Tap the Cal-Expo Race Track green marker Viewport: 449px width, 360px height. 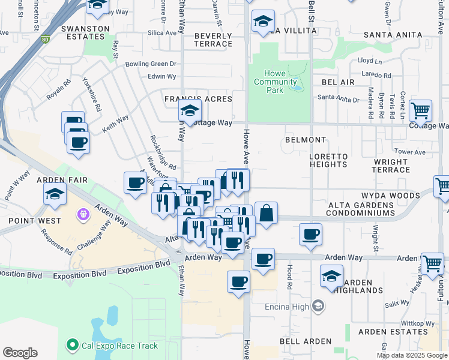tap(73, 345)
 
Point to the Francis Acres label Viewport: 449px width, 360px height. tap(198, 99)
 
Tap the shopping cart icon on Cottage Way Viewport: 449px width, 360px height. tap(421, 110)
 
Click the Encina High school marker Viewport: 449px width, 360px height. tap(318, 307)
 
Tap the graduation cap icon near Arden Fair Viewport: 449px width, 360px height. tap(54, 194)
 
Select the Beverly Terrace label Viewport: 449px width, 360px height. tap(213, 40)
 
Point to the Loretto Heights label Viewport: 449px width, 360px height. tap(328, 160)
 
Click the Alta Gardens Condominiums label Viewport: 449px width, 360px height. tap(361, 209)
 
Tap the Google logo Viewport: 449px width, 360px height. tap(20, 353)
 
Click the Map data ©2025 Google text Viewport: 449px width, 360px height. tap(412, 355)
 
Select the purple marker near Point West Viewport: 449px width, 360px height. tap(83, 214)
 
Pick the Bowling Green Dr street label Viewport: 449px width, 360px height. tap(151, 64)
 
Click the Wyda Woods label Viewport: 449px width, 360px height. tap(390, 196)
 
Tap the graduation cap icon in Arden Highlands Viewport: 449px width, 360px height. tap(331, 275)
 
